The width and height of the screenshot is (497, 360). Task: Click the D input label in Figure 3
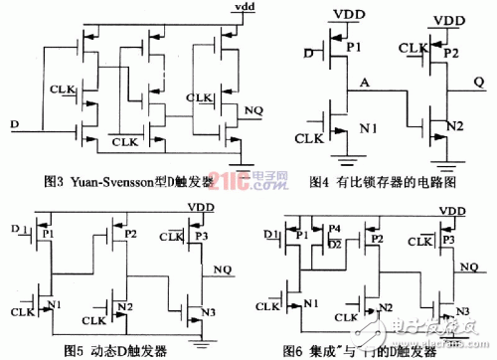(13, 123)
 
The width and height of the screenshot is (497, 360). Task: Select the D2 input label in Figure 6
(334, 243)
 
